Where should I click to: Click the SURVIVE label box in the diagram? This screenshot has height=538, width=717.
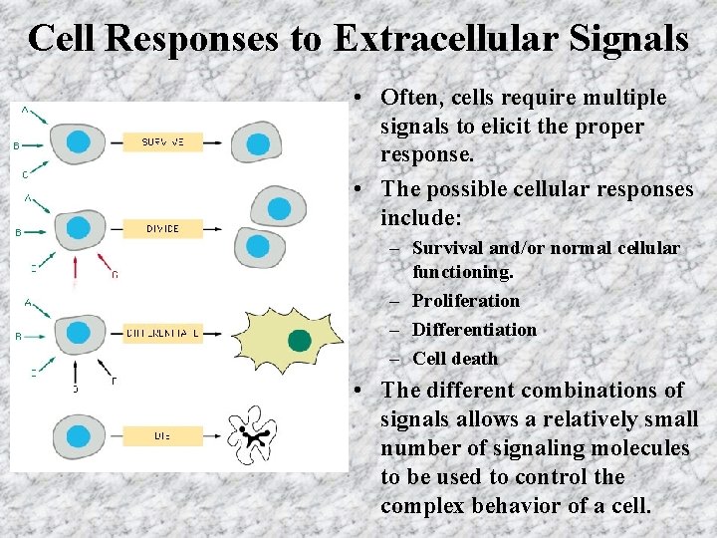click(x=162, y=142)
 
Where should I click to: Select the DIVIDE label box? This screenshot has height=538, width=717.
click(x=162, y=228)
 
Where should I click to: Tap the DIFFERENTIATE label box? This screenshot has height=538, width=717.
click(x=163, y=334)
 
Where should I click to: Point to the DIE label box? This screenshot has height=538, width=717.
click(x=162, y=435)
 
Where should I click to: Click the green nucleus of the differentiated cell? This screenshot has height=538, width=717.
click(x=299, y=341)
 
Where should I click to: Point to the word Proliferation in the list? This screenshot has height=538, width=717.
click(x=465, y=301)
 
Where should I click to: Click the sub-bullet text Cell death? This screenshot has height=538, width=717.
click(x=454, y=359)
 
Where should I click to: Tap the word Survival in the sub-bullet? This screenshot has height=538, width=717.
click(x=446, y=248)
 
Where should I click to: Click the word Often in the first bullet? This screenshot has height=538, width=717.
click(x=408, y=98)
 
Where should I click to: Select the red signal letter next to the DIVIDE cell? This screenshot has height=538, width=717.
click(x=114, y=274)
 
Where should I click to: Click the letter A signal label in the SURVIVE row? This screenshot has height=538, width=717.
click(x=24, y=109)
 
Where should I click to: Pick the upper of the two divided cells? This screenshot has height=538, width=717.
click(x=276, y=207)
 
